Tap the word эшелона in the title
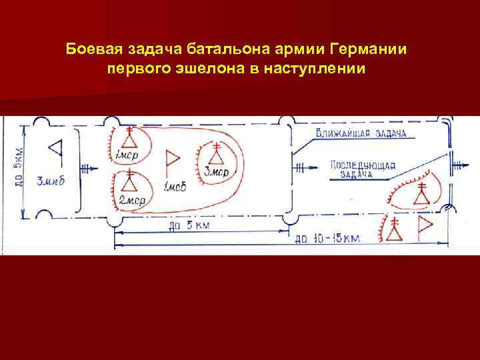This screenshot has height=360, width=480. click(204, 69)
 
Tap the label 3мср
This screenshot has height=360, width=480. click(216, 174)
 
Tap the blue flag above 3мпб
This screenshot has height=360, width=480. click(56, 151)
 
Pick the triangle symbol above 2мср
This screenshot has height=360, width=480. click(129, 181)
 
